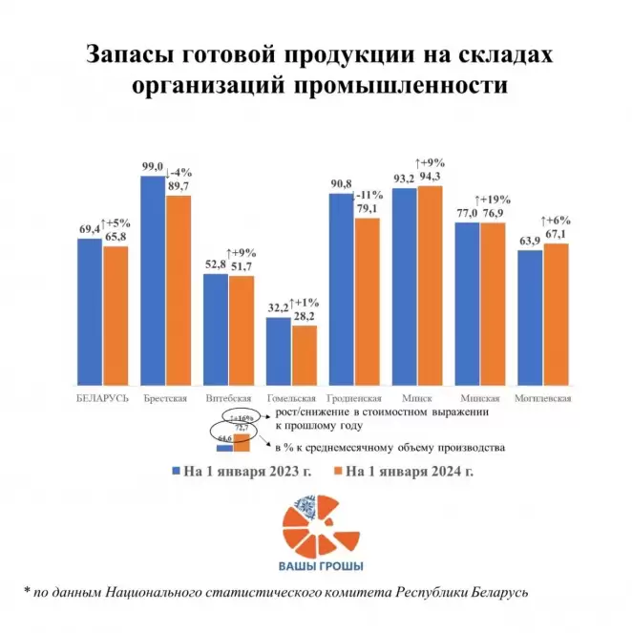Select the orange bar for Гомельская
click(304, 354)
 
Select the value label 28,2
click(304, 317)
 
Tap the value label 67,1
click(556, 235)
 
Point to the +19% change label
click(495, 200)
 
